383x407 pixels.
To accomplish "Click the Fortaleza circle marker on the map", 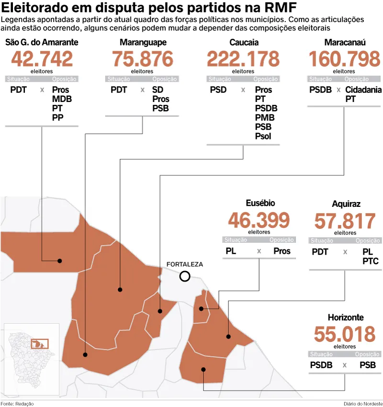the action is [185, 271].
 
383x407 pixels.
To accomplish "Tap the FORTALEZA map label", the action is [185, 264].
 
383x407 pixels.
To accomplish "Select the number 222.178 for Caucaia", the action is [243, 59].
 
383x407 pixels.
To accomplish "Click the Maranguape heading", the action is [143, 42].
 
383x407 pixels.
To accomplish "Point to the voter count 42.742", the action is [42, 59].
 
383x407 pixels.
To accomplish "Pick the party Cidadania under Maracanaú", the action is [363, 90].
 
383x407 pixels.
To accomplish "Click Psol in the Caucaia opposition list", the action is [263, 136].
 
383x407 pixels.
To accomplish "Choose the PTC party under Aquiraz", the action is [371, 261].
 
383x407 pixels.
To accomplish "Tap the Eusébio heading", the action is [260, 203].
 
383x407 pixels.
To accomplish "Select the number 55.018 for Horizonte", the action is [345, 334].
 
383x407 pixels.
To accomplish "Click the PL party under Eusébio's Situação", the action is [231, 251].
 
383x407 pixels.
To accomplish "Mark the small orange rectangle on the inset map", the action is [40, 344].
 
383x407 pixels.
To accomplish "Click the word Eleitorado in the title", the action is [34, 8].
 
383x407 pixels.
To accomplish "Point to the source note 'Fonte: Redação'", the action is [17, 404].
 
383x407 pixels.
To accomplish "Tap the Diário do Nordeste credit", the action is [363, 404].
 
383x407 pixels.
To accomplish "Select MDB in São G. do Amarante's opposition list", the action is [62, 99].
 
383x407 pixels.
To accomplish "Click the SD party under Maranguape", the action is [158, 90].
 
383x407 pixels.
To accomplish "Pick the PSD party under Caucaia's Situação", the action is [218, 90].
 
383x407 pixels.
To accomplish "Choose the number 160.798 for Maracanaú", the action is [344, 59].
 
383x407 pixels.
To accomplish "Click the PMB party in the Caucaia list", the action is [265, 118].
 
